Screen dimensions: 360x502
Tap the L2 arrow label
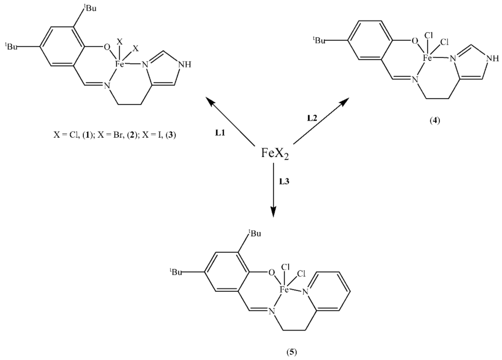coord(312,118)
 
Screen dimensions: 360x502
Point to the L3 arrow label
coord(285,181)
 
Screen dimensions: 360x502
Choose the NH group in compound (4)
coord(492,59)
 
